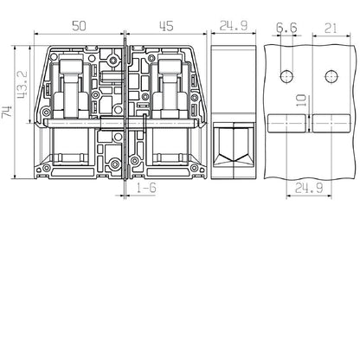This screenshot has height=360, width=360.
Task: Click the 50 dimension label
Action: [79, 26]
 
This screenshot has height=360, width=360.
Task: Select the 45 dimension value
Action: [166, 26]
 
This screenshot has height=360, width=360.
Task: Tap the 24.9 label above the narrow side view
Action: [234, 26]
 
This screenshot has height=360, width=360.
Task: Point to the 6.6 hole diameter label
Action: [286, 28]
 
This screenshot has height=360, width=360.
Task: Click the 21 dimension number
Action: [331, 29]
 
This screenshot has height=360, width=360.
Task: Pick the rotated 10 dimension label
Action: [302, 100]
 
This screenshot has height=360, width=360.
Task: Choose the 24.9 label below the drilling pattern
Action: [309, 189]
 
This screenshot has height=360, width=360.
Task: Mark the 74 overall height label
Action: [7, 112]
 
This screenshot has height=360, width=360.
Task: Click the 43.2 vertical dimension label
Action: [22, 84]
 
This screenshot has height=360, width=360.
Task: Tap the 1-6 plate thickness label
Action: [146, 188]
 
